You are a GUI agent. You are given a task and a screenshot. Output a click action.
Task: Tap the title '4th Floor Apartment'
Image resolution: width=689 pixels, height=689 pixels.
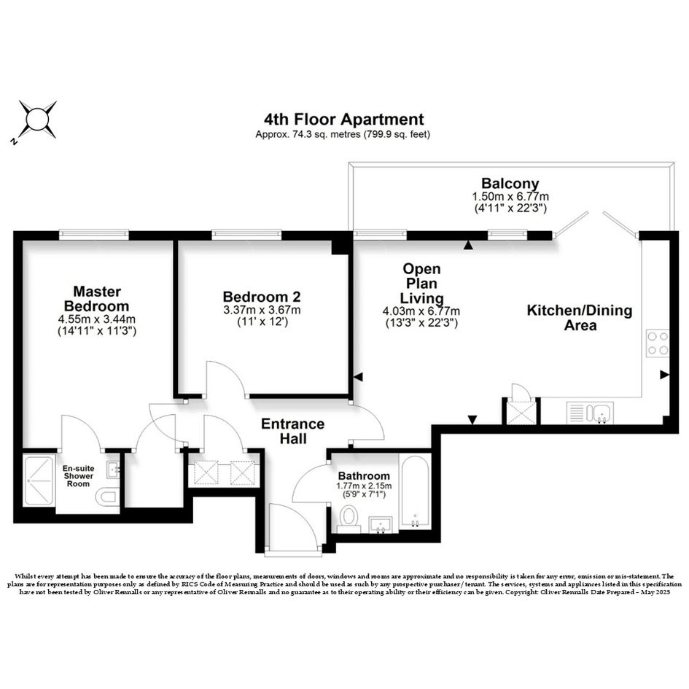(x=343, y=119)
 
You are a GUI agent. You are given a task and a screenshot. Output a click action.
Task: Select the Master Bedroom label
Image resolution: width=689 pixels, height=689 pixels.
(x=97, y=298)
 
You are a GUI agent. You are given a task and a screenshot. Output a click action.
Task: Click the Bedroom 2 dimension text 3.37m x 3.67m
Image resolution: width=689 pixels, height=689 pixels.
(x=262, y=310)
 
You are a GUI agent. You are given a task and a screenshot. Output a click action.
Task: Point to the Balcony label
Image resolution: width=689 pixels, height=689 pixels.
(x=510, y=183)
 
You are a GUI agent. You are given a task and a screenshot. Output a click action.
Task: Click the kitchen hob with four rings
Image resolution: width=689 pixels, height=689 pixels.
(x=658, y=343)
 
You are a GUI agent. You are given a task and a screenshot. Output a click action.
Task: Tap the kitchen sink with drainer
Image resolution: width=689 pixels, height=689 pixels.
(x=590, y=413)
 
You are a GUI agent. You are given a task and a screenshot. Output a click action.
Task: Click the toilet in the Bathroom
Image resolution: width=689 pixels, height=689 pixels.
(x=349, y=519)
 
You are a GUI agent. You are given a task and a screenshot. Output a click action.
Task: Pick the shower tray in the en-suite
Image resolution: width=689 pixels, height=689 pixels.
(x=39, y=481)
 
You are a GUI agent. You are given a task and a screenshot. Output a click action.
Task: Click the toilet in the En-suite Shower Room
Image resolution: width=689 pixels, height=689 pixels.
(x=106, y=497)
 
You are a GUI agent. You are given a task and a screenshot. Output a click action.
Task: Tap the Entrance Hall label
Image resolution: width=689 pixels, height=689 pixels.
(x=292, y=431)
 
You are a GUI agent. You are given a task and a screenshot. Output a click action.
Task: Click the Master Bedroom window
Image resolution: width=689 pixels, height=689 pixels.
(x=94, y=235)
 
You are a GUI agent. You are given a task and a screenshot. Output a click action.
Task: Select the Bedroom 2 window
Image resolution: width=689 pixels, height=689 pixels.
(x=246, y=235)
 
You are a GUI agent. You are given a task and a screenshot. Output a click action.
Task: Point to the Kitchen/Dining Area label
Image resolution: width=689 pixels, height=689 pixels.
(x=580, y=318)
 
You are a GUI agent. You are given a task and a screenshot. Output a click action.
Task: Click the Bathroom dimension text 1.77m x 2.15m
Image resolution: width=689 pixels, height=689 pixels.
(x=364, y=486)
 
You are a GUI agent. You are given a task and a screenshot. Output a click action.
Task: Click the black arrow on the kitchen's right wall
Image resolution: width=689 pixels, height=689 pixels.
(x=664, y=375)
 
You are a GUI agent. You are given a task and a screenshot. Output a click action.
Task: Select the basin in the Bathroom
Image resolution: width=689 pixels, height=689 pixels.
(x=381, y=524)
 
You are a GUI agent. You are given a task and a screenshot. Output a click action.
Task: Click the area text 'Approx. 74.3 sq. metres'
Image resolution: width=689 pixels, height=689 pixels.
(x=308, y=134)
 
